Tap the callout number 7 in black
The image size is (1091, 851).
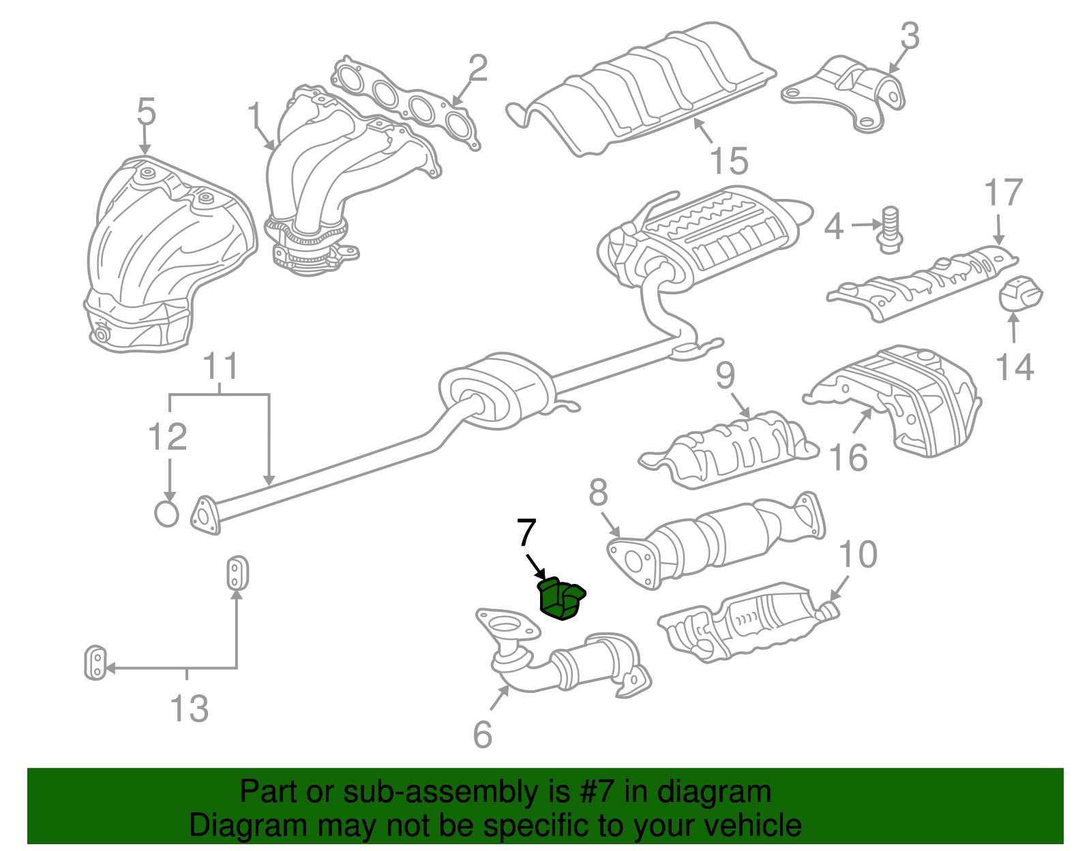click(526, 533)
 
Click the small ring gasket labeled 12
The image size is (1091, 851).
click(166, 514)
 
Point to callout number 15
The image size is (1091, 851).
click(728, 161)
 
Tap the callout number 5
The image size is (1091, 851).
click(146, 112)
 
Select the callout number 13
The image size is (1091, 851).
click(189, 709)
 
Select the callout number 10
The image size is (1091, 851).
click(857, 555)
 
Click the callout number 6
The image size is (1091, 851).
click(482, 734)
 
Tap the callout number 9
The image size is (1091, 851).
click(726, 375)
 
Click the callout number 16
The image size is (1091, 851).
click(848, 457)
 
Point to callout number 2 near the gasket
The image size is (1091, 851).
click(477, 69)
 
